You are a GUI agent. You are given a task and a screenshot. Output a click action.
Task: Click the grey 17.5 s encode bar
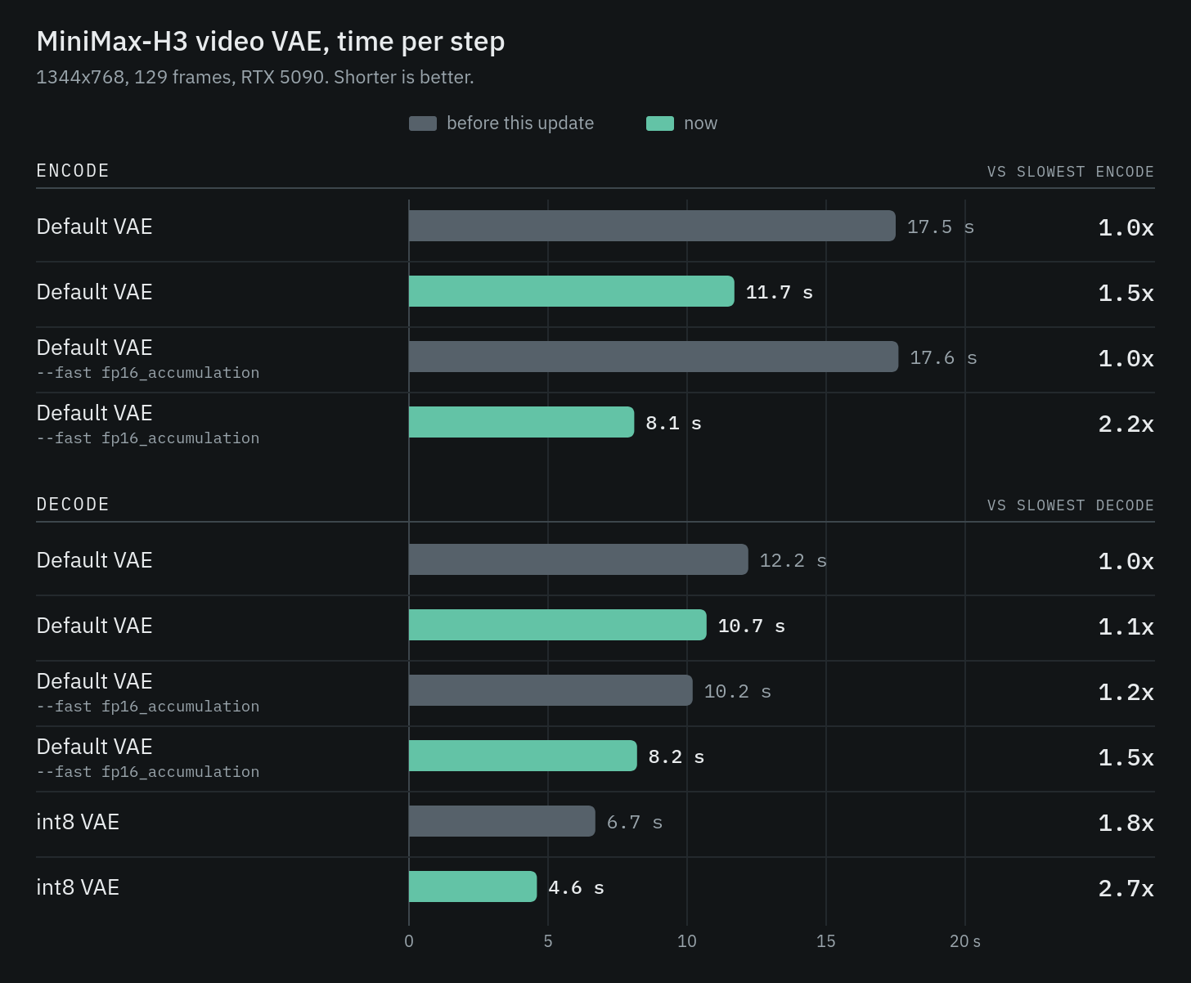(x=652, y=226)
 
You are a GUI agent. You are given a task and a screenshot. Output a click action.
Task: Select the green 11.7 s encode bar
(x=572, y=291)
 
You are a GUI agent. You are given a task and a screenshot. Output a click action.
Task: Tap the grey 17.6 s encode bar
(x=654, y=357)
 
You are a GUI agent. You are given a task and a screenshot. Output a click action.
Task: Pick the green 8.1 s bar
(x=521, y=422)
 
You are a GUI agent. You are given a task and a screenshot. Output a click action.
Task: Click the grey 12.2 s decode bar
(x=578, y=559)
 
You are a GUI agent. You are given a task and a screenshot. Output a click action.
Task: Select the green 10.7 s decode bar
(x=557, y=625)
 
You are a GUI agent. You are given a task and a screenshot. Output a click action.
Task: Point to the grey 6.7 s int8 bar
(x=502, y=821)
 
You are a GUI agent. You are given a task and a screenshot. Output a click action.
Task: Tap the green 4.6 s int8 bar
(x=473, y=886)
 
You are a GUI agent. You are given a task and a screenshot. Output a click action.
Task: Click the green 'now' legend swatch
(x=660, y=123)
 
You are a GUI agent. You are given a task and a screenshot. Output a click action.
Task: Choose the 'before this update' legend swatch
(x=423, y=123)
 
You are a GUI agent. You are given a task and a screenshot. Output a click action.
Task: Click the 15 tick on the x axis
(x=826, y=941)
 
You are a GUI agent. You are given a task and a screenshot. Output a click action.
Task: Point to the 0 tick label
(x=409, y=941)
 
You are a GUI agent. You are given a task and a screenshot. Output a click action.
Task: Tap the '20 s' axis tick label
(x=965, y=941)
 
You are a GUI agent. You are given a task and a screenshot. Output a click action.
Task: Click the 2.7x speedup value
(x=1126, y=888)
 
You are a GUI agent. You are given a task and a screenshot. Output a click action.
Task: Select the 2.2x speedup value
(x=1126, y=424)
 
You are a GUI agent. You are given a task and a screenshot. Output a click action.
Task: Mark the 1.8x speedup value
(x=1126, y=823)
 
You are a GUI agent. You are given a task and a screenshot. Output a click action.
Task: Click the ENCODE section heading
(x=73, y=171)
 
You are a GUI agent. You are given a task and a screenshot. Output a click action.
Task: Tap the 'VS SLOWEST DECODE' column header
(x=1071, y=505)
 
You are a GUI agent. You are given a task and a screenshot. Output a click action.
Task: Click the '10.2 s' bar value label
(x=738, y=692)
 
